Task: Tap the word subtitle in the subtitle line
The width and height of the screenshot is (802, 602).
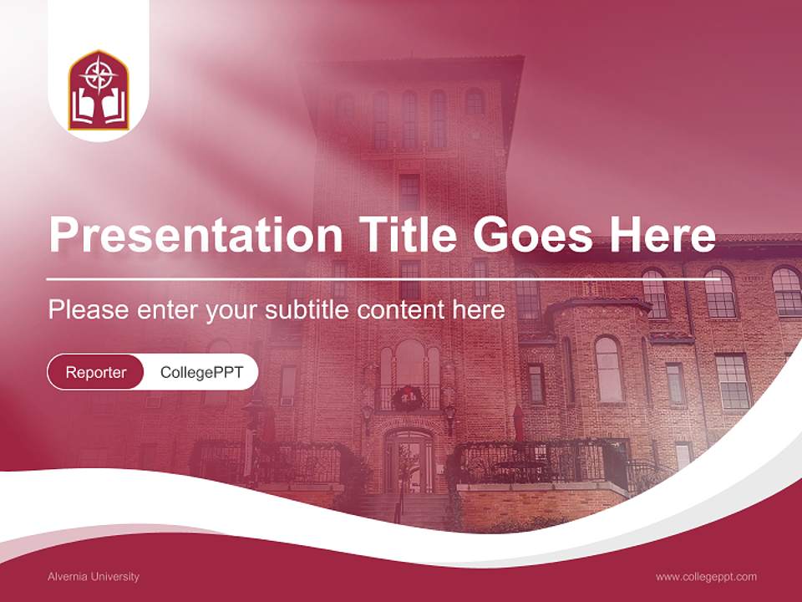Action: point(307,310)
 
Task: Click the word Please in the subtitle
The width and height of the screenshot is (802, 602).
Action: point(87,310)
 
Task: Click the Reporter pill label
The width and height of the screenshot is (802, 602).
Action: point(95,372)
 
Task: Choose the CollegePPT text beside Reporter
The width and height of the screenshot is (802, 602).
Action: point(201,372)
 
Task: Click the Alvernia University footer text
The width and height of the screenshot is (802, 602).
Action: point(94,576)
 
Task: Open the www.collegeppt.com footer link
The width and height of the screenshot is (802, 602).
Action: point(706,576)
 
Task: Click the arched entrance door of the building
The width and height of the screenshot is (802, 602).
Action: point(409,462)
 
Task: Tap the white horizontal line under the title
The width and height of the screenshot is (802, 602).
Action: point(368,278)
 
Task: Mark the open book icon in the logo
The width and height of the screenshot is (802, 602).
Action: point(99,106)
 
